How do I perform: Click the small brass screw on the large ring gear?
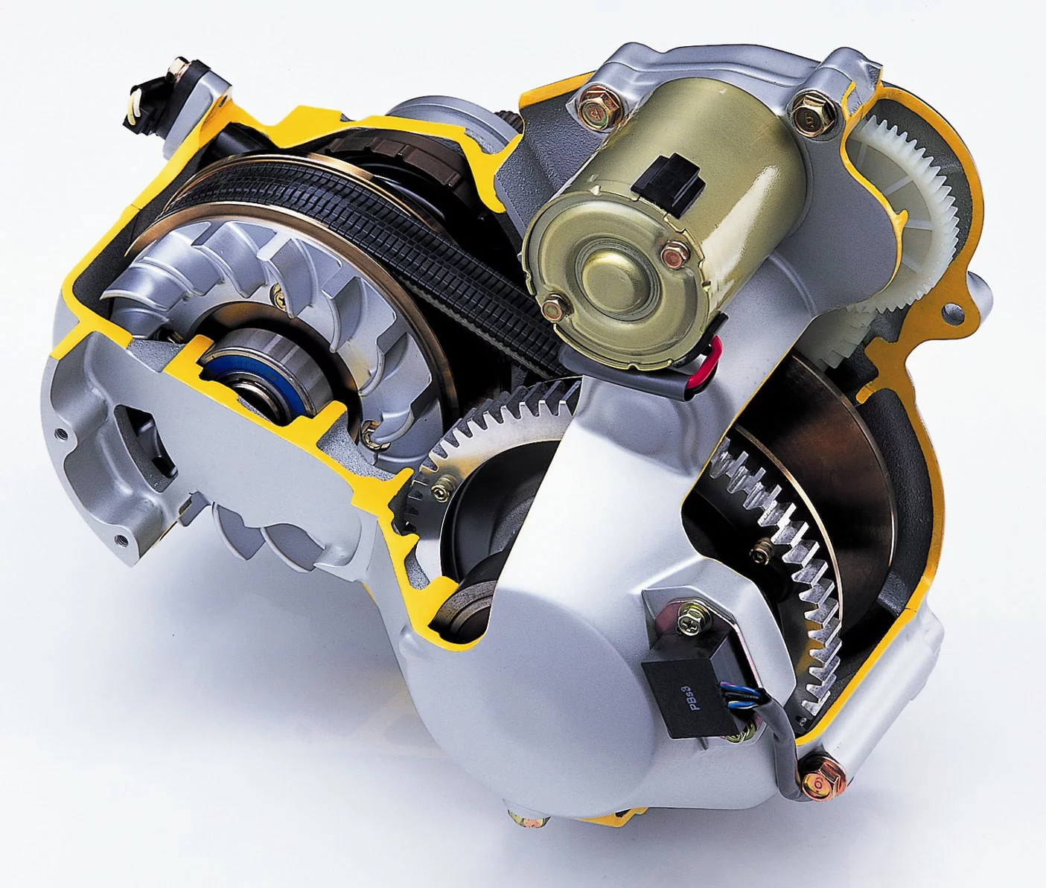(x=761, y=549)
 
